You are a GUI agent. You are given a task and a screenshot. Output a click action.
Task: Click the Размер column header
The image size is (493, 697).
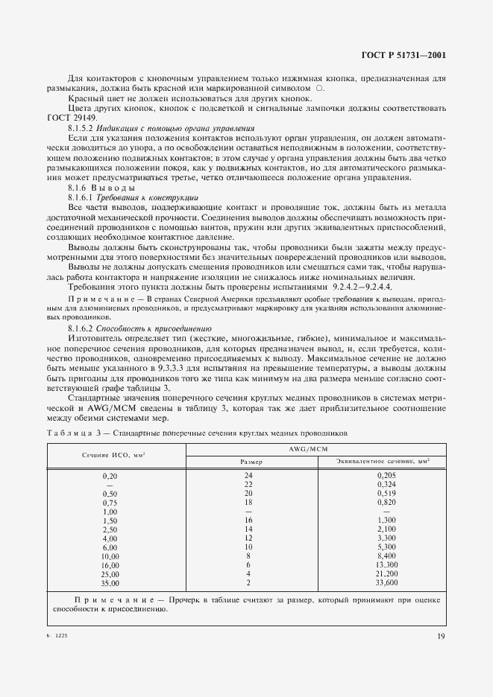click(x=250, y=462)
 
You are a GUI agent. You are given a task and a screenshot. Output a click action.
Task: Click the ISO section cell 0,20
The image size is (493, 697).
click(x=110, y=474)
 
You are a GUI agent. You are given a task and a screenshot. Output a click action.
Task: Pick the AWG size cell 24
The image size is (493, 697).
click(x=249, y=474)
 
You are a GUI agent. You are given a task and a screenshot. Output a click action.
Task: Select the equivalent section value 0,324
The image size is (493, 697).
click(x=386, y=484)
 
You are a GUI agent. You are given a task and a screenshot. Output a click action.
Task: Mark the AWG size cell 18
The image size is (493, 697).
click(x=249, y=502)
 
